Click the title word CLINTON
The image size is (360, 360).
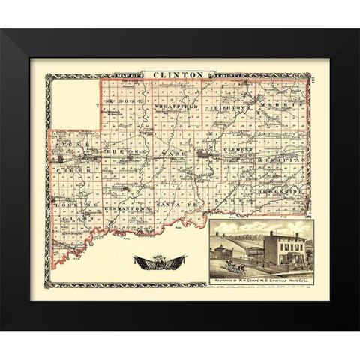[178, 74]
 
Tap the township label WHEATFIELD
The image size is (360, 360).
[176, 106]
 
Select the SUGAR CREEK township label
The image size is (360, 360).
[73, 156]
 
